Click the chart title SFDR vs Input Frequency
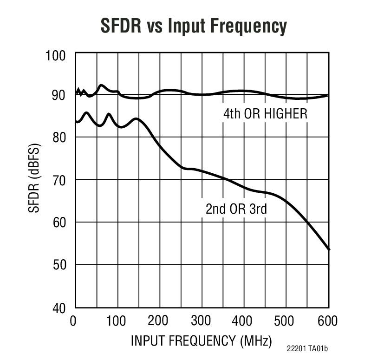tap(194, 26)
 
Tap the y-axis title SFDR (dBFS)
tap(35, 179)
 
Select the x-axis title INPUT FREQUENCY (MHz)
tap(201, 340)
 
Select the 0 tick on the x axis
tap(73, 321)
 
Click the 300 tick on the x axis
tap(201, 321)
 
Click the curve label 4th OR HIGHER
tap(265, 114)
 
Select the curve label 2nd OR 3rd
tap(236, 209)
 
